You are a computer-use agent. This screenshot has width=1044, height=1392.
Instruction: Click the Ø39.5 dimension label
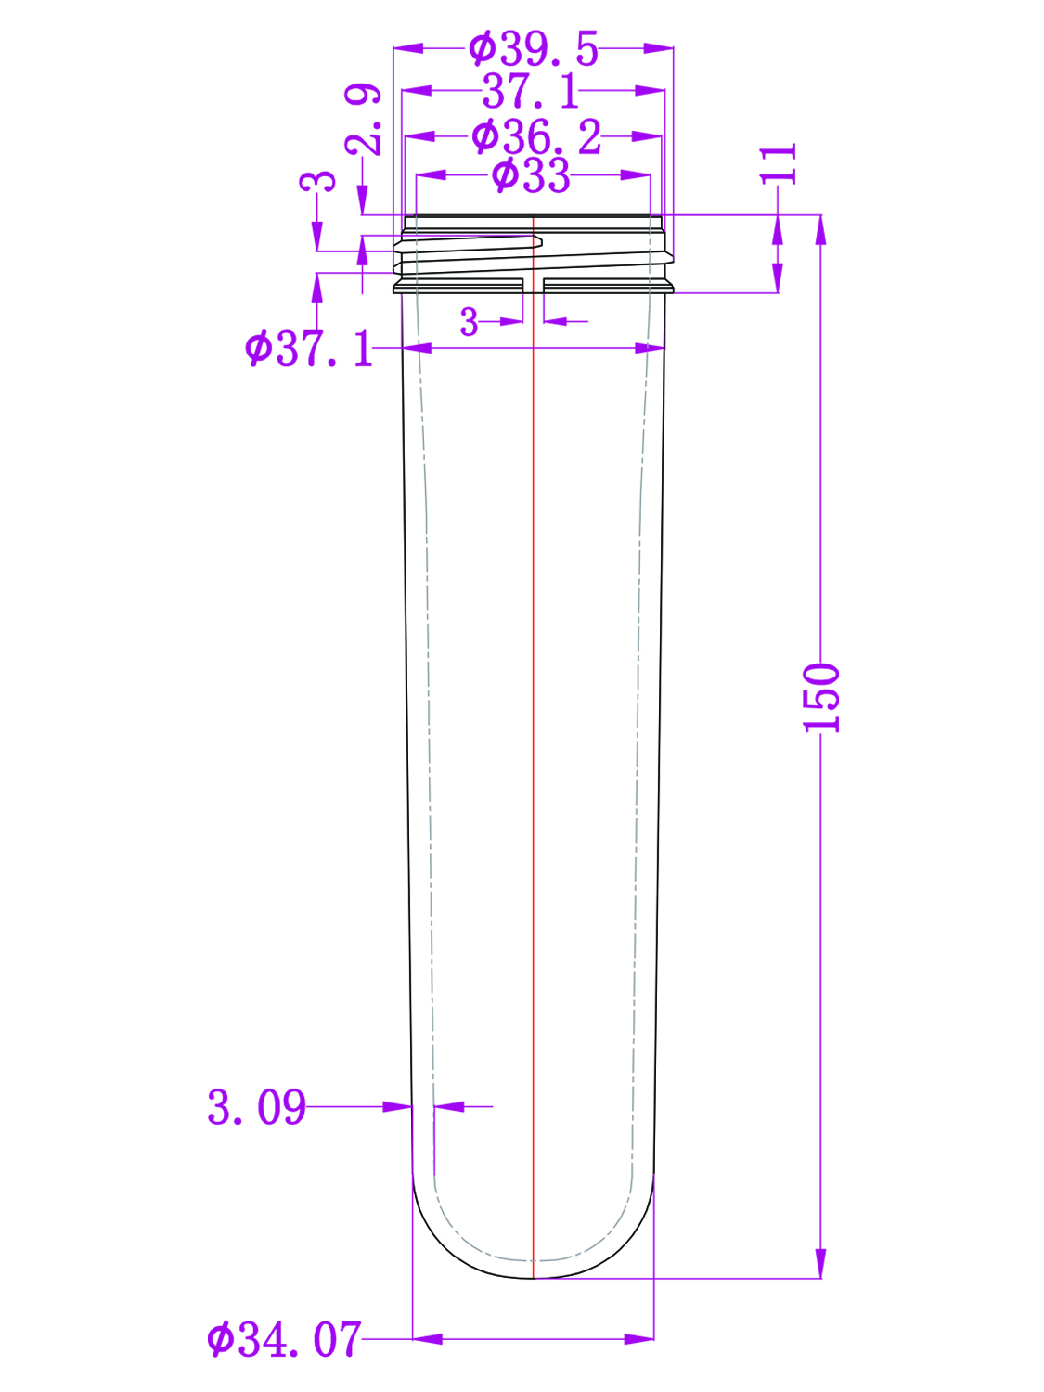[x=533, y=49]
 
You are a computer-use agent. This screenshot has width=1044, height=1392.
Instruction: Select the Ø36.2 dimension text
[x=536, y=136]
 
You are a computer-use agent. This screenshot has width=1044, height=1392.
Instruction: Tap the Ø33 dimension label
[x=531, y=175]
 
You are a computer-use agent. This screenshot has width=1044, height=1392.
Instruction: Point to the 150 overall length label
[x=821, y=698]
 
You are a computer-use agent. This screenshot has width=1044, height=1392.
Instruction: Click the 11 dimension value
[x=779, y=164]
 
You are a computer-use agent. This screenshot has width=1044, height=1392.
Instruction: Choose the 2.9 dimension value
[x=363, y=120]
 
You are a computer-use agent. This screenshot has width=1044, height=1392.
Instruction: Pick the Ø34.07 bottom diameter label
[x=285, y=1339]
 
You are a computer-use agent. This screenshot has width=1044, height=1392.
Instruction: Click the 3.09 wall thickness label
[x=257, y=1107]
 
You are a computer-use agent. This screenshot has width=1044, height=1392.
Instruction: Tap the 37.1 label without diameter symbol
[x=531, y=91]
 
